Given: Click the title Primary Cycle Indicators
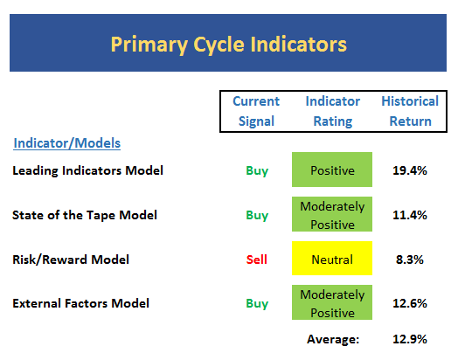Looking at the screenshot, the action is (229, 45).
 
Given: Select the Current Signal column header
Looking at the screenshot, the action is (256, 111).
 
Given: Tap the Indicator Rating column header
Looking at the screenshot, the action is (333, 111).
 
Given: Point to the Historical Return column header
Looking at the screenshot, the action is (410, 111).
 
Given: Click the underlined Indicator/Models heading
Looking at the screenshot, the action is (67, 143).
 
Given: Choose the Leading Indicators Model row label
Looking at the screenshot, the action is (87, 170).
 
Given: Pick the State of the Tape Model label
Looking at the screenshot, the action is (85, 215).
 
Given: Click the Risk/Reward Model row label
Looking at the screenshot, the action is (71, 260).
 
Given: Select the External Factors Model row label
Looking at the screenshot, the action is (80, 303).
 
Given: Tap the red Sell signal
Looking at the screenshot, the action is (257, 260).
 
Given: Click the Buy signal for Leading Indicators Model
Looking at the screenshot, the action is (257, 170).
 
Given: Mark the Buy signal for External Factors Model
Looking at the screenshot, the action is (257, 304).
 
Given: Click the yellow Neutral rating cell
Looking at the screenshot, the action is (332, 258).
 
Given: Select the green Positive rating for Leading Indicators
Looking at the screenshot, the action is (332, 170).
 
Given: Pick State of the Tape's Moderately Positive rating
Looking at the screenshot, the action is (332, 214).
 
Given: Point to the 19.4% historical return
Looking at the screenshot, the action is (410, 170).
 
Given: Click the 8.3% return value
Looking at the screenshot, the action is (410, 260).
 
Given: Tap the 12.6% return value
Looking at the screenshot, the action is (410, 303).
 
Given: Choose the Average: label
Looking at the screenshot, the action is (333, 339).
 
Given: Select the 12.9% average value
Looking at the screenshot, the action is (410, 339).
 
